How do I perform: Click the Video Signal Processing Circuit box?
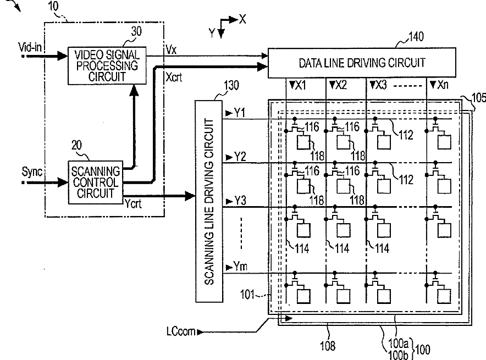click(x=107, y=66)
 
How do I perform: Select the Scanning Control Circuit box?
click(x=96, y=182)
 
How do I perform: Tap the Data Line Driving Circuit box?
click(x=362, y=63)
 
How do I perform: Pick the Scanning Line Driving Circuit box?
click(x=209, y=201)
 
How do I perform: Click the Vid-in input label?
click(x=30, y=47)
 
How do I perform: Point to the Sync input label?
click(x=32, y=171)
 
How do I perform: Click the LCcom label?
click(x=181, y=331)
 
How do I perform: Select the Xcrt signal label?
click(x=174, y=77)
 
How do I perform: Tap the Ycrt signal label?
click(x=133, y=203)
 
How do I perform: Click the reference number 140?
click(x=416, y=37)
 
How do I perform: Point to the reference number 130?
click(x=231, y=85)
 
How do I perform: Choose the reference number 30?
click(x=136, y=31)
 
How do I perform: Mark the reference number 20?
click(x=76, y=145)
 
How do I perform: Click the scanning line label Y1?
click(x=239, y=113)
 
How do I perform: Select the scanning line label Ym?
click(x=240, y=266)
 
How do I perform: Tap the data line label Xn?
click(x=443, y=84)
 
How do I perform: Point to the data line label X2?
click(x=341, y=85)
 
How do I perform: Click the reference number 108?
click(x=328, y=346)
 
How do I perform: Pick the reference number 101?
click(x=247, y=294)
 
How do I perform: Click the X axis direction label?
click(x=242, y=19)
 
